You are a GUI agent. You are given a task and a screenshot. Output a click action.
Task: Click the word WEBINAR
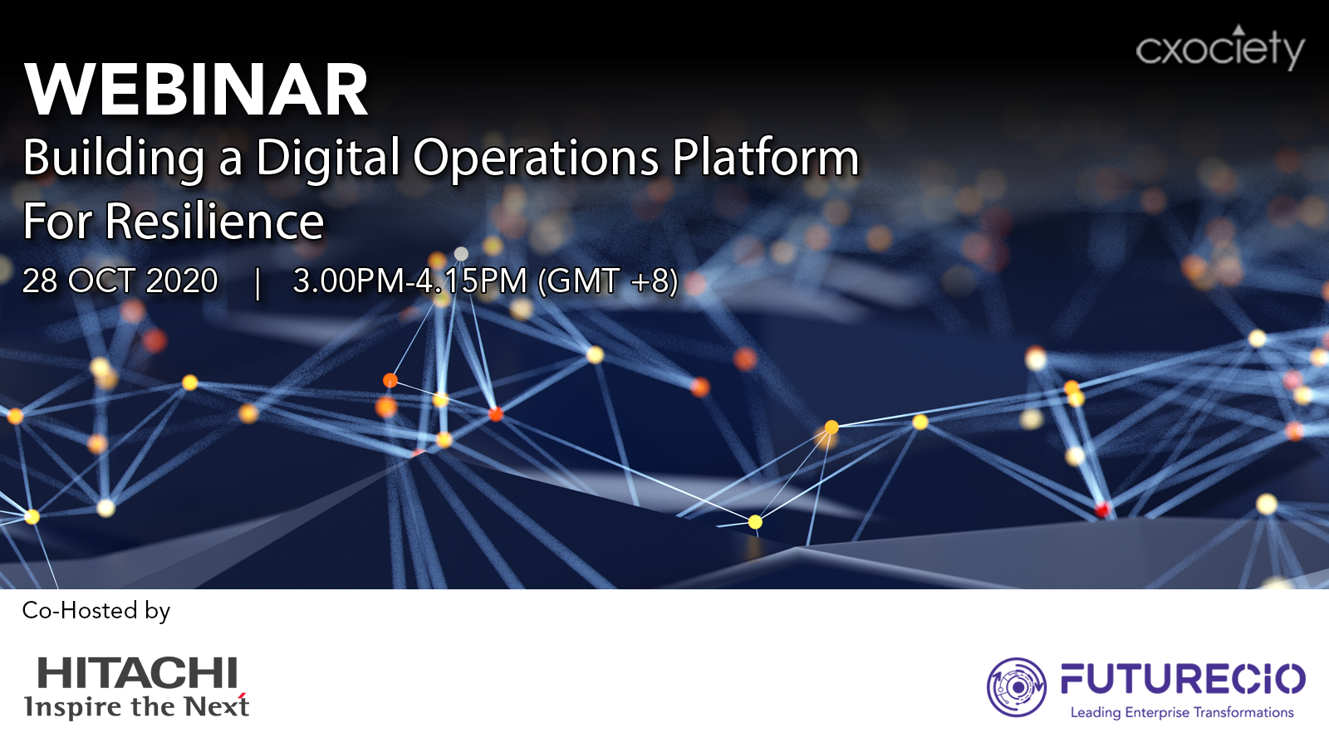tap(196, 90)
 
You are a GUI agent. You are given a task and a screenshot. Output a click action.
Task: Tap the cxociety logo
tap(1220, 47)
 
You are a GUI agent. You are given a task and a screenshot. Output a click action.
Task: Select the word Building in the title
tap(113, 159)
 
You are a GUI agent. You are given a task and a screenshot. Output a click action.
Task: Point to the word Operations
tap(536, 159)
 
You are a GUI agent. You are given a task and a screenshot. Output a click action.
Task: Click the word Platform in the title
tap(765, 157)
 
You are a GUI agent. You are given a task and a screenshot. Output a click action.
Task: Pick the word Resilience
tap(215, 221)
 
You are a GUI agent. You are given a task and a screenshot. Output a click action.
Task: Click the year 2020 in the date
tap(182, 281)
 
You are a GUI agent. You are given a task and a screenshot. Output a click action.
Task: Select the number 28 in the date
tap(40, 281)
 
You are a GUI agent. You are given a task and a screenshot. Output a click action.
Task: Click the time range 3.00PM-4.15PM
tap(410, 281)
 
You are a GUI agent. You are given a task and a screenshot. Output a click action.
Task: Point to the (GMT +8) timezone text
tap(607, 281)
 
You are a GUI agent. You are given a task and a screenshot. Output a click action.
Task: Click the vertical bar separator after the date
tap(257, 283)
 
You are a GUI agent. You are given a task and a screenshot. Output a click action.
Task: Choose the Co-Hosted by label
tap(96, 611)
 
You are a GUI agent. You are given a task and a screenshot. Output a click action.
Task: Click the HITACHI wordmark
tap(137, 672)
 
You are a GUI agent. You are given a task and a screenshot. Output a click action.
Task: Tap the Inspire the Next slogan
tap(136, 705)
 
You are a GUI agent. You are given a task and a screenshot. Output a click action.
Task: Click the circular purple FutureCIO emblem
tap(1017, 687)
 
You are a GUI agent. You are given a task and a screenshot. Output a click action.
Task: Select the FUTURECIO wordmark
tap(1183, 679)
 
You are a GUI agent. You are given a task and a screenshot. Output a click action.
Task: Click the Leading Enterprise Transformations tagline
tap(1182, 713)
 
